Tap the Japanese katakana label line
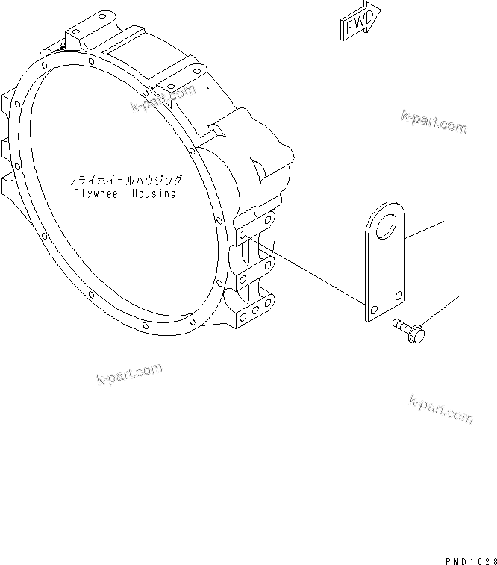tap(125, 181)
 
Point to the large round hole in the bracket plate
tap(388, 225)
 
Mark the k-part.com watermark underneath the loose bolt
tap(440, 410)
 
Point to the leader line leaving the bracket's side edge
tap(427, 229)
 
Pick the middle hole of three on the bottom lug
tap(254, 310)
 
